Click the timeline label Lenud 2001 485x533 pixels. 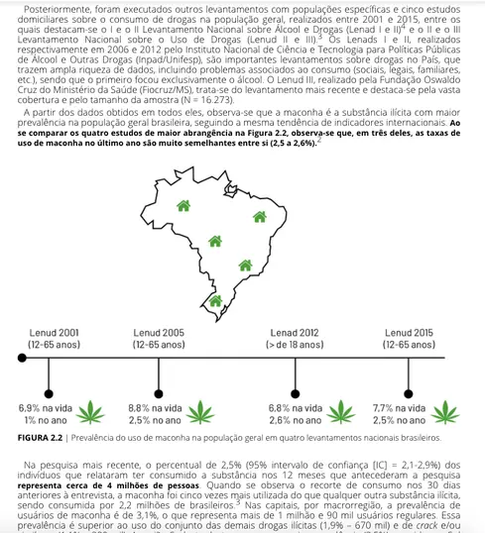click(56, 333)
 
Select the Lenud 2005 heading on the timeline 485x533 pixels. click(159, 333)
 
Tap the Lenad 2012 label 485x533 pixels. click(295, 333)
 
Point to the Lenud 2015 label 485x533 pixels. click(409, 333)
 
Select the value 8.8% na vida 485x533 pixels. click(155, 407)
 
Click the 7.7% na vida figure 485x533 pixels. click(397, 407)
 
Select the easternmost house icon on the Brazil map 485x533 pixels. click(260, 217)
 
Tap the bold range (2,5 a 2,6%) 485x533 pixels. click(291, 145)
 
